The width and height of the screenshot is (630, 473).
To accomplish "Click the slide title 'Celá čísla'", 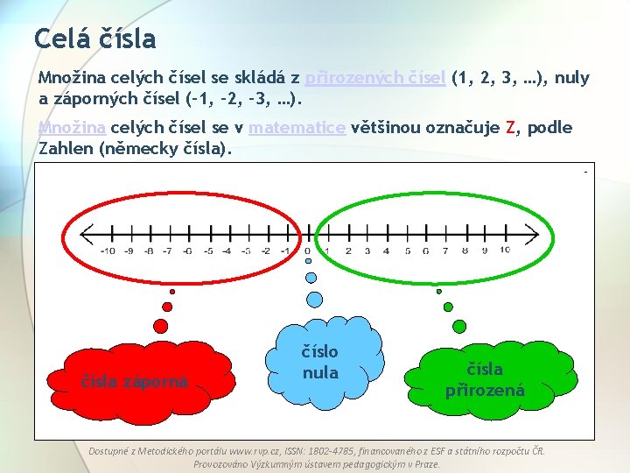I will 94,39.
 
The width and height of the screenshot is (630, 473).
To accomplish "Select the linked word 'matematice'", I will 297,128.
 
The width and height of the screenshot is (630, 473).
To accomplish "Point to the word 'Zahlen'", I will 66,148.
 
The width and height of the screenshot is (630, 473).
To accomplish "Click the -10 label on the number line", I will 108,251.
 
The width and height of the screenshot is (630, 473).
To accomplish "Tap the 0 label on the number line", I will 307,251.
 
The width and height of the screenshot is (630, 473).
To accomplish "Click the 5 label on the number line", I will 406,251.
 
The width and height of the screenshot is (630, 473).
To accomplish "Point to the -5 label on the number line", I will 207,251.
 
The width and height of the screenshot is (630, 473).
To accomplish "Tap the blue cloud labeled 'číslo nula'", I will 320,362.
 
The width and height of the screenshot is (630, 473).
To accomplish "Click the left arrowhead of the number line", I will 86,234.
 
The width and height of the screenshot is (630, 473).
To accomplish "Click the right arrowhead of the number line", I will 530,234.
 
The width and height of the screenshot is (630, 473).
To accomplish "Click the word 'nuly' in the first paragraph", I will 572,78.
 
